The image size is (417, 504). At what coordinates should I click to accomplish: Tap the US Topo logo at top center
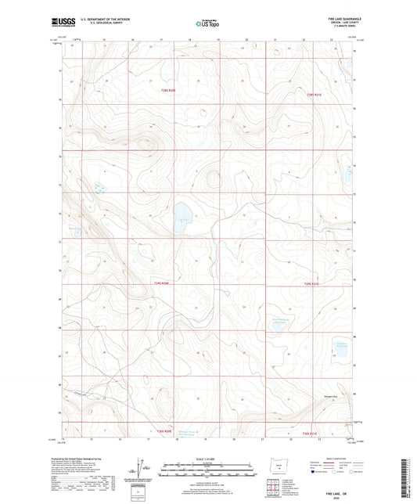tap(206, 23)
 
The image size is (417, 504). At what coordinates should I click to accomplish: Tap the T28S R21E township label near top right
tap(314, 95)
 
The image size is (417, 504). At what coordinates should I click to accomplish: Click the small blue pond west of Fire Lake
tap(99, 186)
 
